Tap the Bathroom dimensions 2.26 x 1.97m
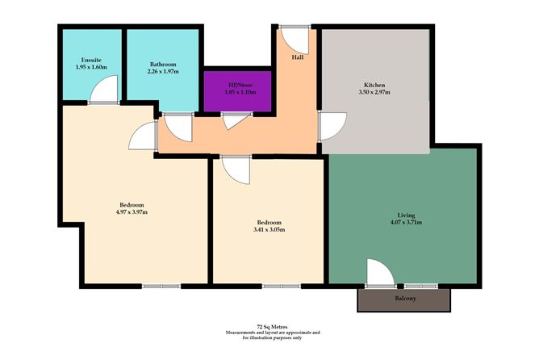click(163, 73)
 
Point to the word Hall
click(298, 57)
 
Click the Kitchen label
click(374, 84)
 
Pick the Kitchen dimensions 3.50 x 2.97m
click(374, 92)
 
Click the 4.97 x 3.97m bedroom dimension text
click(133, 212)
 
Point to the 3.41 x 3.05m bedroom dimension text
click(269, 229)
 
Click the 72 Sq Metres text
click(273, 327)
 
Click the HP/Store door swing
click(235, 121)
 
